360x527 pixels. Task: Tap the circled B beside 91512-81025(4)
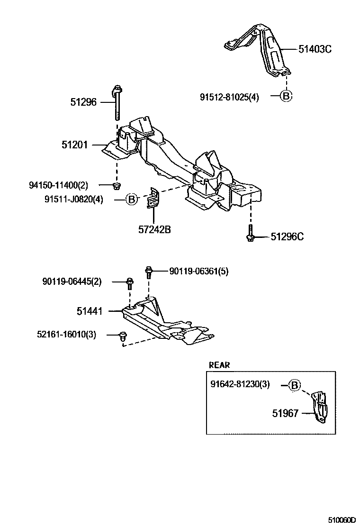coord(286,96)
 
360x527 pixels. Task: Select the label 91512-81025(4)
coord(229,98)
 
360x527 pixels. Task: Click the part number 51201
coord(74,145)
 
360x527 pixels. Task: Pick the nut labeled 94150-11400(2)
coord(117,185)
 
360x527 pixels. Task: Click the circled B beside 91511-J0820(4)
coord(132,200)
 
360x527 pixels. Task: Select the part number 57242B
coord(154,230)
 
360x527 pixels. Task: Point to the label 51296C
coord(287,236)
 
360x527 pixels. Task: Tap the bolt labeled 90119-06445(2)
coord(130,283)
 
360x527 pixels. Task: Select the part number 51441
coord(90,311)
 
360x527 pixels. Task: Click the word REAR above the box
coord(219,365)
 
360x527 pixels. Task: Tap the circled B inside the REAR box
coord(294,385)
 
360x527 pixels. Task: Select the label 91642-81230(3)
coord(240,384)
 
